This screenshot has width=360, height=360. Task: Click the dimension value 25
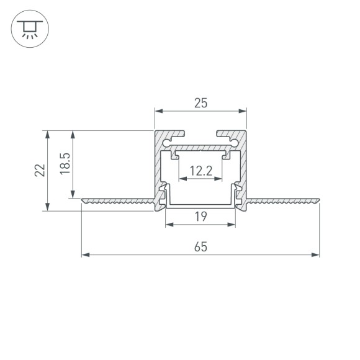[200, 104]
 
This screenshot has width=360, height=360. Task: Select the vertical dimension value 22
[39, 171]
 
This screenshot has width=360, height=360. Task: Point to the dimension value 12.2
[200, 170]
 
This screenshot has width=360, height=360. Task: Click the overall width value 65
[200, 246]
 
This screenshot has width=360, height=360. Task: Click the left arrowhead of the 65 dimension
[86, 254]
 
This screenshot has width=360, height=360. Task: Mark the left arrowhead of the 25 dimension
[158, 112]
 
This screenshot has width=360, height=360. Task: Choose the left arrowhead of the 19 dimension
[169, 224]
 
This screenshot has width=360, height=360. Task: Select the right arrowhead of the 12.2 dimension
[218, 180]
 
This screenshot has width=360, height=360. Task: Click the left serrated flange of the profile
[118, 200]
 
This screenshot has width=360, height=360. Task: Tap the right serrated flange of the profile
[283, 200]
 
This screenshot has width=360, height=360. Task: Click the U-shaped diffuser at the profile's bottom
[200, 205]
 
